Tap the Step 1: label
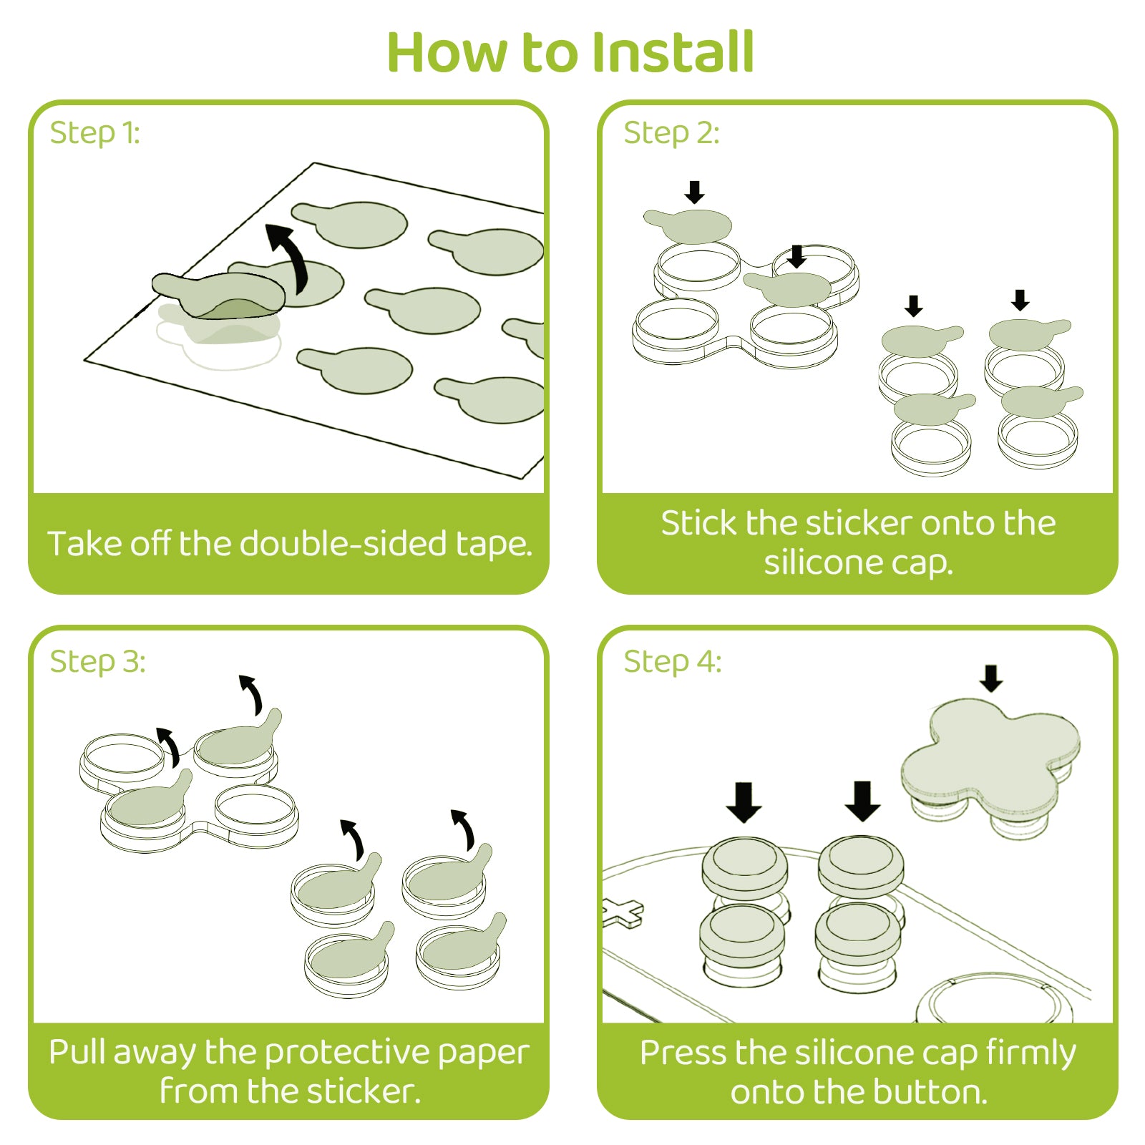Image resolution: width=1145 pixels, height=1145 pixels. (x=94, y=133)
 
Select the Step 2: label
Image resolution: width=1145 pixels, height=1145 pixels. (x=671, y=133)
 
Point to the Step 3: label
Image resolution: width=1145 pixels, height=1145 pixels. (x=97, y=662)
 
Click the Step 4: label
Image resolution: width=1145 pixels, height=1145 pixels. (x=672, y=662)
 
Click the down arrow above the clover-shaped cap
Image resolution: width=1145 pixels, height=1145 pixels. (x=991, y=678)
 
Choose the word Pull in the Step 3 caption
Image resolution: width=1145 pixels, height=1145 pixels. (x=77, y=1053)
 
